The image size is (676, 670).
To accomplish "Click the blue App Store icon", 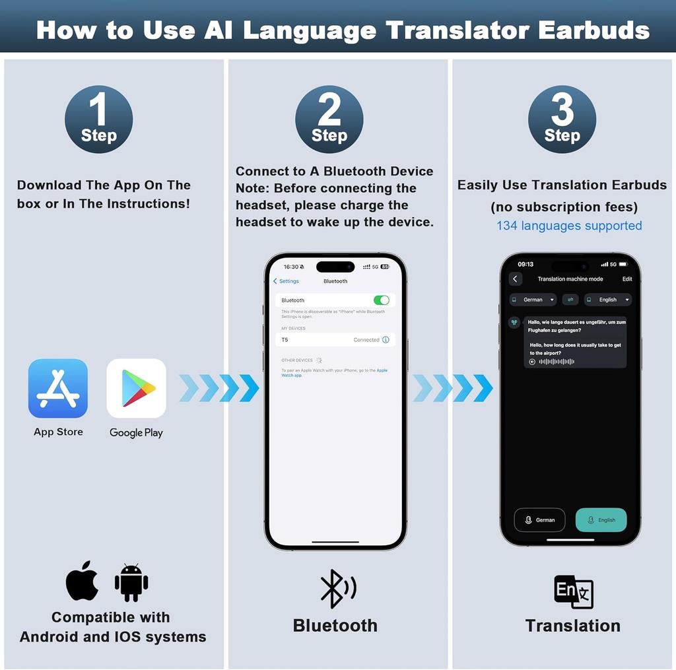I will pyautogui.click(x=58, y=388).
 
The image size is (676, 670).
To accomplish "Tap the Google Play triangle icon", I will pyautogui.click(x=136, y=388).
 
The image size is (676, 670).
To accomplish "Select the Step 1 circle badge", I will pyautogui.click(x=98, y=119).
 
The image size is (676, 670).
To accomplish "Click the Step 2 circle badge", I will pyautogui.click(x=329, y=119).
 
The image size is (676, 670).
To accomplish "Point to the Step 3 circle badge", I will pyautogui.click(x=562, y=119).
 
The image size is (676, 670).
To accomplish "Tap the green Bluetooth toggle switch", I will pyautogui.click(x=382, y=300).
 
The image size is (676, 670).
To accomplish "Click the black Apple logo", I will pyautogui.click(x=83, y=581).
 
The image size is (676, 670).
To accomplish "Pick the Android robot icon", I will pyautogui.click(x=131, y=582).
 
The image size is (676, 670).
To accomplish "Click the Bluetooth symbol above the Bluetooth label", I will pyautogui.click(x=337, y=588).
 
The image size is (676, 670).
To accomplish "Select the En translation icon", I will pyautogui.click(x=573, y=591).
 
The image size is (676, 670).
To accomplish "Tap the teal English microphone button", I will pyautogui.click(x=601, y=519).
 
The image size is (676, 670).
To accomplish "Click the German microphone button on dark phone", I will pyautogui.click(x=539, y=519).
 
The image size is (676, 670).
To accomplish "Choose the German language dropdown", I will pyautogui.click(x=533, y=300).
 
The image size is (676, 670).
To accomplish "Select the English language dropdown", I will pyautogui.click(x=608, y=300).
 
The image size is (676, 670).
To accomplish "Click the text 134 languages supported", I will pyautogui.click(x=569, y=226).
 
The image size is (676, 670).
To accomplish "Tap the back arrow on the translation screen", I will pyautogui.click(x=516, y=279).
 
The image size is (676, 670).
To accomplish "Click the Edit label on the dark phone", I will pyautogui.click(x=627, y=279).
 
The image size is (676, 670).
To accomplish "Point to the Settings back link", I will pyautogui.click(x=287, y=281).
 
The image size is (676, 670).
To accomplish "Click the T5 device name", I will pyautogui.click(x=285, y=340).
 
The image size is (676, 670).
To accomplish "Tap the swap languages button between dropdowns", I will pyautogui.click(x=570, y=300).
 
